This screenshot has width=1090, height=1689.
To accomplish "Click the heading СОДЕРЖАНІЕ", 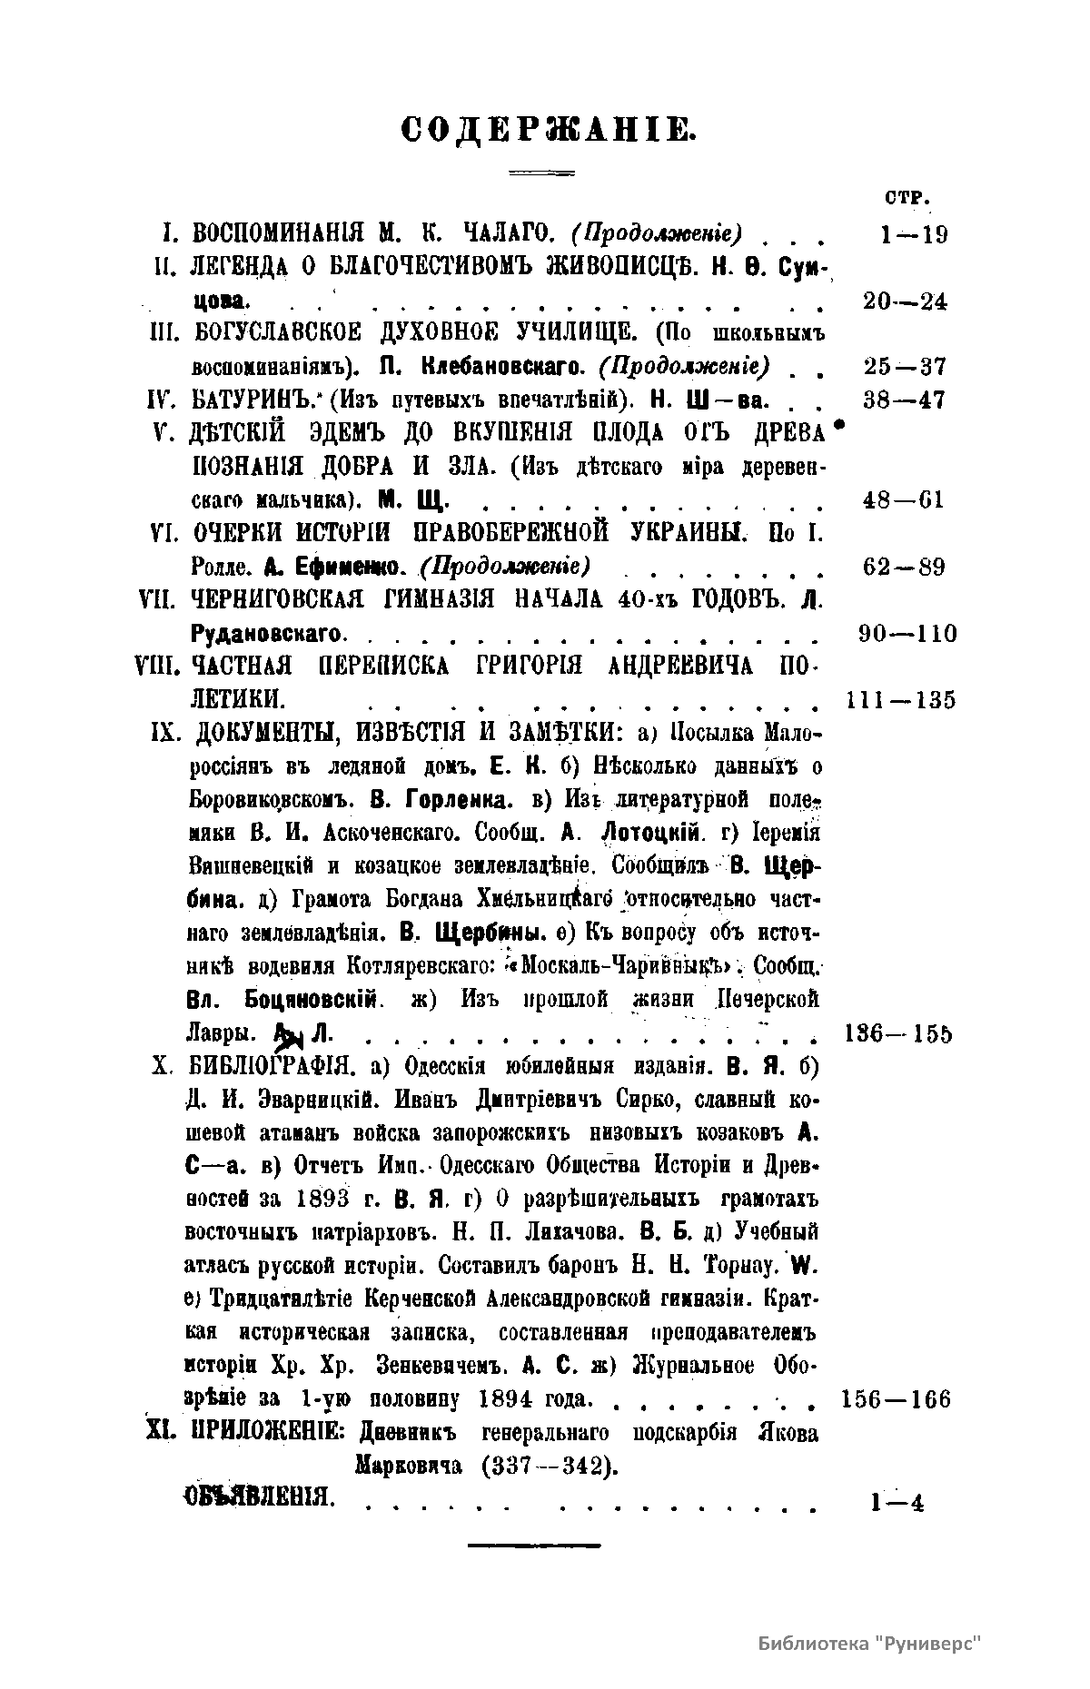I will (x=549, y=130).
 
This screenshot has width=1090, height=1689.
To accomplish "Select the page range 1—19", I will (x=913, y=235).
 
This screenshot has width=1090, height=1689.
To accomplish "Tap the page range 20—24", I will (x=905, y=302).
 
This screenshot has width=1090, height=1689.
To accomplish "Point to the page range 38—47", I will (x=905, y=400).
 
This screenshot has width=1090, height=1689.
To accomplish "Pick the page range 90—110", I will (x=907, y=633).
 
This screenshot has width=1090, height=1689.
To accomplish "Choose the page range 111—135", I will (x=900, y=700).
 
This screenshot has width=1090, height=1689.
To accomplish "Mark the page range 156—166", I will (x=896, y=1399).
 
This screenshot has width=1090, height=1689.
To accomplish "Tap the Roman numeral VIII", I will (x=159, y=667).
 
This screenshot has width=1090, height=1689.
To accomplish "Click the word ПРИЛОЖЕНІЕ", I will (x=263, y=1434).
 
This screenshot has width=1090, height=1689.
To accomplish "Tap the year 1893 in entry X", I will (x=323, y=1199).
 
